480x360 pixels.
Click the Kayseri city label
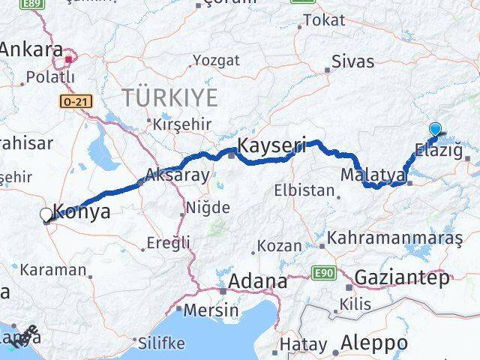pos(271,145)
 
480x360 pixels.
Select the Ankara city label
pos(31,49)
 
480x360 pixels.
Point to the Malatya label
pos(373,175)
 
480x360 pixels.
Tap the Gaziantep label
pos(402,277)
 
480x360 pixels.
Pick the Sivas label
pos(352,63)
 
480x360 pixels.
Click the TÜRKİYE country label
pos(170,97)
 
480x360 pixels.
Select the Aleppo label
pos(374,343)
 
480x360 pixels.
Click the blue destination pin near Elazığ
pos(435,130)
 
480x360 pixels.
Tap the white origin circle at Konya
pos(46,215)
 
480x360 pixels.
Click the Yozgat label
pos(216,60)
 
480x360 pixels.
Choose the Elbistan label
pos(304,190)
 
